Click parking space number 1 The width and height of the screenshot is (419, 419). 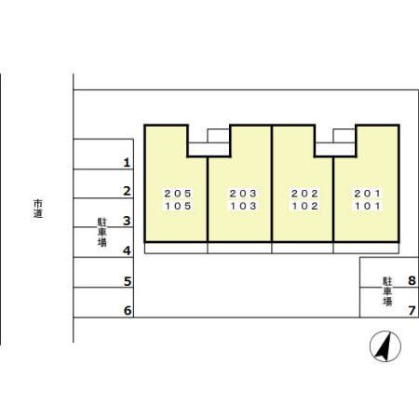[127, 162]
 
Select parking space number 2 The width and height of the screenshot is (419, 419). [127, 191]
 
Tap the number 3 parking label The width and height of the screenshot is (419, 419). [127, 221]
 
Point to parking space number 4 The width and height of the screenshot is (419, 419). [127, 250]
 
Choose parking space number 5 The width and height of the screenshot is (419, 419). [128, 281]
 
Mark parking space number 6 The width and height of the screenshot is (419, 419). [128, 310]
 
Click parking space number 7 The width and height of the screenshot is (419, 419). [412, 310]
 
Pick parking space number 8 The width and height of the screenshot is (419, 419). [412, 280]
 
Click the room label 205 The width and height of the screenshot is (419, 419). [178, 194]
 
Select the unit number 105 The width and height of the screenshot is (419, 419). [178, 206]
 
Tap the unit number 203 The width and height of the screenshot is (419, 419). [243, 194]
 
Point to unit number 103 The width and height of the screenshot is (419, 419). [243, 206]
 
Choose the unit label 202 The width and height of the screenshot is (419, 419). [304, 194]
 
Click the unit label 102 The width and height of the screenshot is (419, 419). [304, 206]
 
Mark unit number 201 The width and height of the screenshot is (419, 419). [368, 194]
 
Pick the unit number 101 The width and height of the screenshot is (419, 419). [368, 206]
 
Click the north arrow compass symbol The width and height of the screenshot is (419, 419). [385, 346]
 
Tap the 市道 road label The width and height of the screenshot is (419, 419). [38, 209]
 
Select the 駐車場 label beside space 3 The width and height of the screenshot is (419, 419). [102, 232]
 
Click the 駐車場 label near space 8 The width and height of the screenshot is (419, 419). [387, 291]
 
